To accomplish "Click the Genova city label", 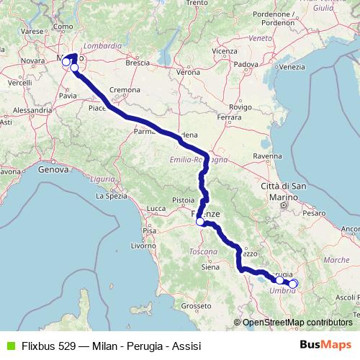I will pyautogui.click(x=51, y=170).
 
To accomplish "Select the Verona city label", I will pyautogui.click(x=189, y=73).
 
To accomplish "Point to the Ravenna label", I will pyautogui.click(x=267, y=155).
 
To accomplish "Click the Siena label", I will pyautogui.click(x=210, y=266).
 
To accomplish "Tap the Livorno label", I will pyautogui.click(x=143, y=246).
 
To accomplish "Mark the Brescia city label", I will pyautogui.click(x=137, y=63).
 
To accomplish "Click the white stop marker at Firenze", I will pyautogui.click(x=201, y=222).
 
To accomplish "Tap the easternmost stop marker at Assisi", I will pyautogui.click(x=293, y=284).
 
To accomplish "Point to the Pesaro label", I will pyautogui.click(x=314, y=214).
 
